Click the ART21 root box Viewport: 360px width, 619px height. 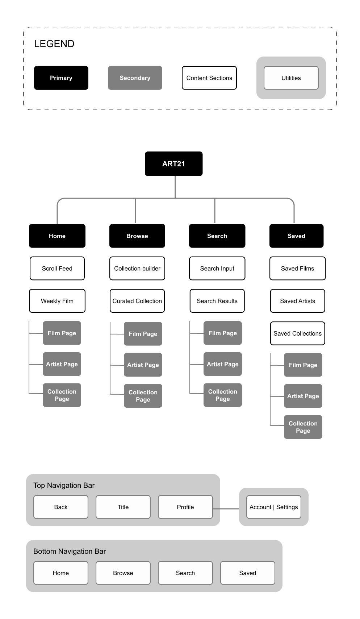click(x=173, y=163)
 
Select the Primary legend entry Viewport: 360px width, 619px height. click(x=61, y=78)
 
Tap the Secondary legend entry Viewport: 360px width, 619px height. click(x=135, y=78)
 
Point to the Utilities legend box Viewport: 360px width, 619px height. click(x=291, y=78)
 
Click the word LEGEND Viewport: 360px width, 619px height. click(x=54, y=43)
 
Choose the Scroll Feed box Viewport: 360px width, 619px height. click(x=57, y=268)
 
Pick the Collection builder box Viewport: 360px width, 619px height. click(x=137, y=268)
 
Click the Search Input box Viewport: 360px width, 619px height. click(x=217, y=268)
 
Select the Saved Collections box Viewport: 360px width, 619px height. click(x=298, y=333)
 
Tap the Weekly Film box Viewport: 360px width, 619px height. click(x=57, y=301)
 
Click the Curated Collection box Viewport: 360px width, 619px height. click(x=137, y=301)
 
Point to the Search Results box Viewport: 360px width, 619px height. click(x=217, y=301)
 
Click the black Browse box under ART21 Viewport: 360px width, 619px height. click(x=137, y=236)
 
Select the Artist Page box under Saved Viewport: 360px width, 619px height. click(x=303, y=396)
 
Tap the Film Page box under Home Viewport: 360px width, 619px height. click(x=62, y=333)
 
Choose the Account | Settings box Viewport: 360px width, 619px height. click(x=273, y=507)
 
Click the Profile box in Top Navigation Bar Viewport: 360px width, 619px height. click(x=185, y=507)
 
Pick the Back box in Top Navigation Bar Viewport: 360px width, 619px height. click(x=61, y=507)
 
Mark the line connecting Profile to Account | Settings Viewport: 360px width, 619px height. click(x=226, y=509)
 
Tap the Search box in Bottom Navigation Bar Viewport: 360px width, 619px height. click(x=185, y=573)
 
